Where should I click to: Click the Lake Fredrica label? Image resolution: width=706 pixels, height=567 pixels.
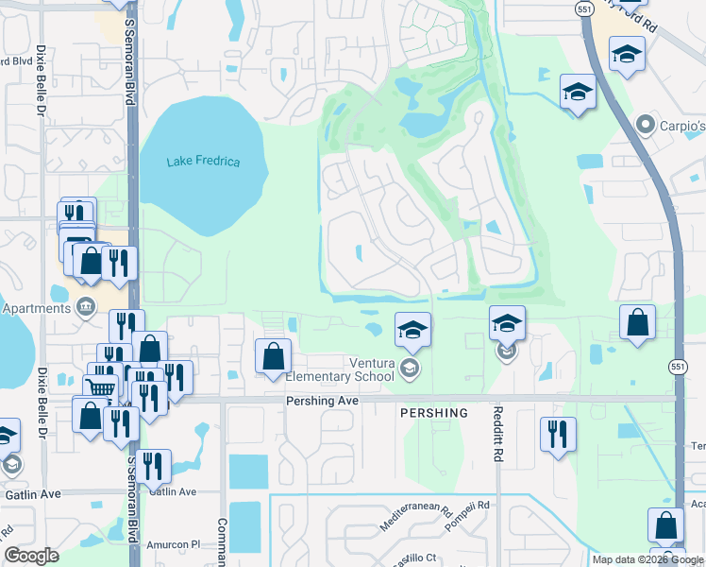[203, 162]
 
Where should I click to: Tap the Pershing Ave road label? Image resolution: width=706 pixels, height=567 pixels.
[323, 401]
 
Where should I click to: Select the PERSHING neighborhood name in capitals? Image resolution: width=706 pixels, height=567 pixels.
[433, 413]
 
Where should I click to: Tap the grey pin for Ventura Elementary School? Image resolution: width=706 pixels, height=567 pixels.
[409, 368]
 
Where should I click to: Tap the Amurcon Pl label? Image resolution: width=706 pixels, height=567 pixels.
[175, 545]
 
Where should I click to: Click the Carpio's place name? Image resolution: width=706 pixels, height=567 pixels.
[681, 126]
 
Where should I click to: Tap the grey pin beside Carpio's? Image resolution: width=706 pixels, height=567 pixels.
[646, 125]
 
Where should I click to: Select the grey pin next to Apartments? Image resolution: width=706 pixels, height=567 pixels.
[86, 306]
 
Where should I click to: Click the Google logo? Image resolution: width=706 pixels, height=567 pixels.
[31, 556]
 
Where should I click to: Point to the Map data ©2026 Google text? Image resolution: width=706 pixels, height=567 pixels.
[647, 559]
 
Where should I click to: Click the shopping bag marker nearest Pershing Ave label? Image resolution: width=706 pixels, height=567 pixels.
[273, 356]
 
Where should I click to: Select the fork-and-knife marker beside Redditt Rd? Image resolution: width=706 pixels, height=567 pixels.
[557, 434]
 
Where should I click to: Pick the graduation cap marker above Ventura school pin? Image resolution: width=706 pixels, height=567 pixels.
[412, 330]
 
